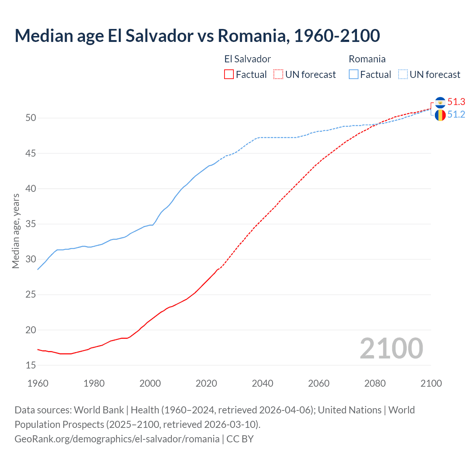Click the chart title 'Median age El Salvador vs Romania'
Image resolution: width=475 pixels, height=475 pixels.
click(x=197, y=36)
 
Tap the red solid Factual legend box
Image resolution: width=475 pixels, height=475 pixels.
click(x=229, y=74)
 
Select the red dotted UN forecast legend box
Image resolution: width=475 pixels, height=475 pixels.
click(x=278, y=74)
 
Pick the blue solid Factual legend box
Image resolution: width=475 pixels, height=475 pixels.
click(x=354, y=74)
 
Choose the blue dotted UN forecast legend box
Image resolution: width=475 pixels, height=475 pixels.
click(x=403, y=74)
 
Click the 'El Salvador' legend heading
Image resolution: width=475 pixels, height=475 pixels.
click(x=248, y=59)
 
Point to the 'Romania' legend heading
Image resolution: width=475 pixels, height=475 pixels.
click(x=367, y=59)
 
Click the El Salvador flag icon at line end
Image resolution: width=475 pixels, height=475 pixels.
click(x=440, y=102)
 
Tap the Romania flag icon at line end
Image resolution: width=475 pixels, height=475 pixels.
click(x=440, y=115)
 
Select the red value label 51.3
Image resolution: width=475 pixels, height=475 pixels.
click(x=456, y=102)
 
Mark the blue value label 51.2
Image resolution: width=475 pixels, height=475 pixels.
click(x=456, y=115)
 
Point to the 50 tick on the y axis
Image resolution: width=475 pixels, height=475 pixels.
click(x=31, y=118)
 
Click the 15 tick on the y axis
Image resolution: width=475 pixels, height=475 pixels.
click(x=31, y=366)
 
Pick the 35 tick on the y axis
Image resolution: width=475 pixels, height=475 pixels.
click(x=31, y=224)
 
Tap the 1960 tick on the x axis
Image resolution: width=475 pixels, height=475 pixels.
click(x=38, y=383)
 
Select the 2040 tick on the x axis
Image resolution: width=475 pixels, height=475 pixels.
click(x=262, y=383)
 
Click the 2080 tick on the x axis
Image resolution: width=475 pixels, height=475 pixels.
click(x=375, y=383)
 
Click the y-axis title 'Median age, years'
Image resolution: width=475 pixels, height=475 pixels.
click(x=16, y=231)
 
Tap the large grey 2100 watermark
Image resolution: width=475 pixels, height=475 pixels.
click(x=391, y=348)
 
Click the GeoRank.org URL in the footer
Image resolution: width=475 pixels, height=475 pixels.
click(x=117, y=439)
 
